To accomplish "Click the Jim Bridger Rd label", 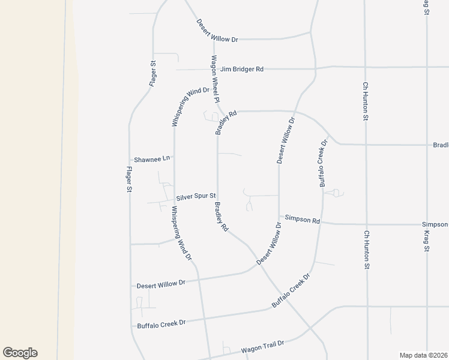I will tap(242, 69).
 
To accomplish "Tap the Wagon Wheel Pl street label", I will tap(215, 79).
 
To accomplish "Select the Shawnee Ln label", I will tap(153, 159).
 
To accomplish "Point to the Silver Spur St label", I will tap(195, 198).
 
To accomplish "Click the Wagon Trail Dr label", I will tap(262, 346).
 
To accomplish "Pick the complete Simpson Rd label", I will tap(303, 220).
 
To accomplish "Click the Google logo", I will tap(20, 353).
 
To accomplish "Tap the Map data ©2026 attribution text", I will tap(423, 355).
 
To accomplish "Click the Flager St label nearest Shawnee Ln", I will tap(128, 179).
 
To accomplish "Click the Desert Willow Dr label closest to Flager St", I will tap(161, 284).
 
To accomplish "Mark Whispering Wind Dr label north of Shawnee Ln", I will tap(190, 107).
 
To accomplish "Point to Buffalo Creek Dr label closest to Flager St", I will tap(161, 323).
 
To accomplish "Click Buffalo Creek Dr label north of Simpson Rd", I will tap(324, 163).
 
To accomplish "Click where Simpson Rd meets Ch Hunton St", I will tap(366, 224).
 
